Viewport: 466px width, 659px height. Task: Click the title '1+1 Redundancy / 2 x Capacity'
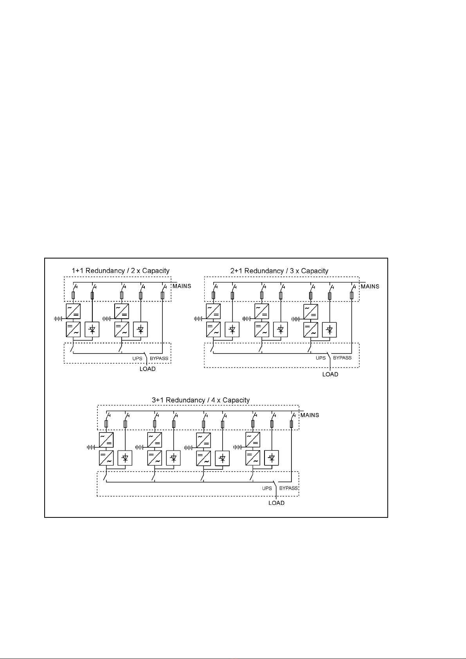coord(121,271)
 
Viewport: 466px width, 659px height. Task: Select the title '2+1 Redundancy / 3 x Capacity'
coord(279,271)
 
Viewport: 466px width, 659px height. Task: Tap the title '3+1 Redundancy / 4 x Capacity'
coord(201,400)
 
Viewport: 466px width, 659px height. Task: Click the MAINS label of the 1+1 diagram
coord(182,286)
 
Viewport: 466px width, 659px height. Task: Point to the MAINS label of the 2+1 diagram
coord(370,286)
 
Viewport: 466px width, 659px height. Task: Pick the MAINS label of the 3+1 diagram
coord(309,415)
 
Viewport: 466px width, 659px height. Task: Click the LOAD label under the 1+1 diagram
coord(148,369)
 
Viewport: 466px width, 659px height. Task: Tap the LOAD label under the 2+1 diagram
coord(330,374)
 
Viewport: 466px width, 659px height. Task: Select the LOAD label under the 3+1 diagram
coord(276,503)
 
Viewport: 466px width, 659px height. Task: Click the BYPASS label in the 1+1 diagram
coord(159,358)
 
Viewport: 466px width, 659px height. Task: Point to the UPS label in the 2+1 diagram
coord(320,358)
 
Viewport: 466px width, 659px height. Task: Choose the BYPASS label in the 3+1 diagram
coord(288,488)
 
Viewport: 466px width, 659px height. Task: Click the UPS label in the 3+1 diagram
coord(267,488)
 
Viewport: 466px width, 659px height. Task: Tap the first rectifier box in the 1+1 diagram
coord(73,311)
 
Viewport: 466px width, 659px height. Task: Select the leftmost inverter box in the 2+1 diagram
coord(213,329)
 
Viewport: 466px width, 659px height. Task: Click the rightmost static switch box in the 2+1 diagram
coord(329,330)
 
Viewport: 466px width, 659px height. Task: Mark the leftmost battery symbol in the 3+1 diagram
coord(92,447)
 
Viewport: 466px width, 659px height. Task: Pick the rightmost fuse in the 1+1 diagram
coord(162,295)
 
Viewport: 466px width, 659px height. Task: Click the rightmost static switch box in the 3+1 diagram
coord(272,458)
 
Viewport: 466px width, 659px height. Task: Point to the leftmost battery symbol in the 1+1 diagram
coord(59,319)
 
